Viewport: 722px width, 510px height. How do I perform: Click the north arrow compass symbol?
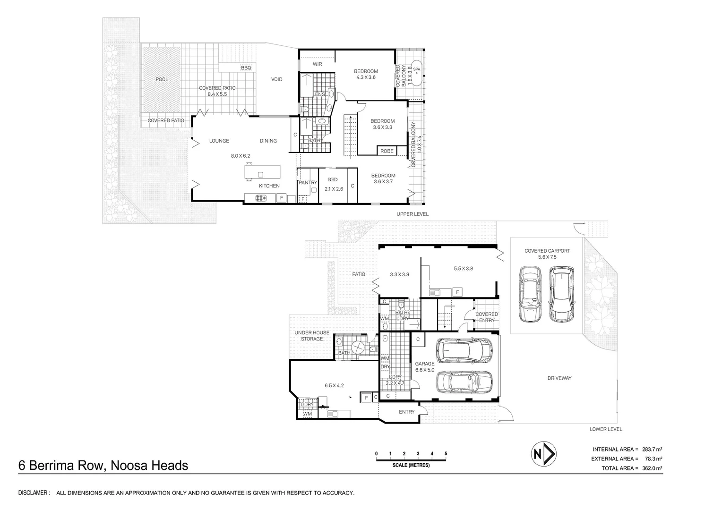coord(544,454)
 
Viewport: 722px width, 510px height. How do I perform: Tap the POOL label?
coord(162,79)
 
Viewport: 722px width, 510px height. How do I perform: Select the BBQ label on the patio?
coord(246,68)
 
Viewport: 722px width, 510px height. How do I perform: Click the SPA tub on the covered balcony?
coord(417,73)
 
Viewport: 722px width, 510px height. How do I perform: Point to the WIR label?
coord(318,64)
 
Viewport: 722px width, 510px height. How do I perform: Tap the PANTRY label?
coord(308,182)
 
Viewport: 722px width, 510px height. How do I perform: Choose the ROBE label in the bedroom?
coord(387,151)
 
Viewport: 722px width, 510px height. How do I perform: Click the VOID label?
coord(276,79)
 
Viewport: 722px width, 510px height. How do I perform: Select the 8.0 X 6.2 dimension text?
coord(241,156)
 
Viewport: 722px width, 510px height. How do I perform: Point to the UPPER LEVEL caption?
coord(413,214)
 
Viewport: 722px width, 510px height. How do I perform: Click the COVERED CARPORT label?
coord(547,251)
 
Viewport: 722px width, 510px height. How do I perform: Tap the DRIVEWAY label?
coord(559,378)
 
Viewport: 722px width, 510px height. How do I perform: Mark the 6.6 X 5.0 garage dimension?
coord(425,370)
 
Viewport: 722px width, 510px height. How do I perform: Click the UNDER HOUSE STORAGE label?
coord(312,336)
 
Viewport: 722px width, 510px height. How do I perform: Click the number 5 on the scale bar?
coord(446,454)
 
